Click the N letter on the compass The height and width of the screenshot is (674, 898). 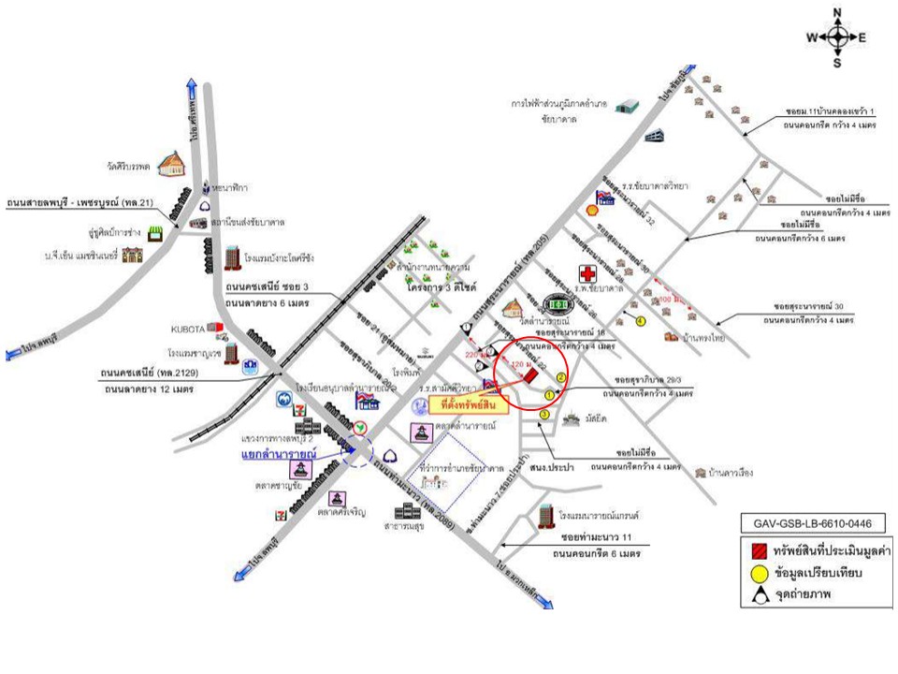click(x=838, y=12)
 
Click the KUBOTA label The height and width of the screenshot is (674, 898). click(x=185, y=329)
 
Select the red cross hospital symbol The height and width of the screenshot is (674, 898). click(x=588, y=274)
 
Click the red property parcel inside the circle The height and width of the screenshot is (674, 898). click(x=530, y=374)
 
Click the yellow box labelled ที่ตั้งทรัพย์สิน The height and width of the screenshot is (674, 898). click(x=470, y=405)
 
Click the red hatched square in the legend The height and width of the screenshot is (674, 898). click(x=759, y=549)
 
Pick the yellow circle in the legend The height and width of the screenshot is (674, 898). click(x=759, y=571)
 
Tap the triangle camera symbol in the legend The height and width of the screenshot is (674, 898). click(x=759, y=593)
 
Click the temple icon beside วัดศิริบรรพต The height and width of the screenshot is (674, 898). click(x=171, y=165)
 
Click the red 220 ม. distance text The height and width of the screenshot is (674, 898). click(x=476, y=355)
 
